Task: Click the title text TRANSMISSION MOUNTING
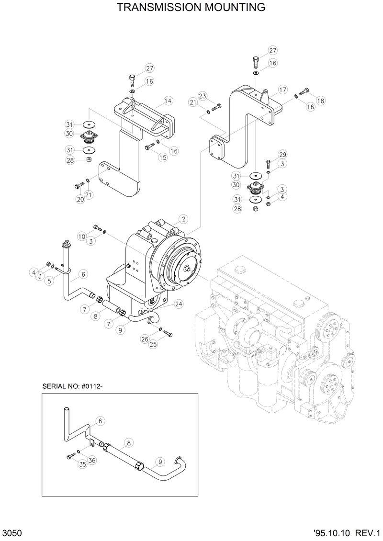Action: tap(191, 8)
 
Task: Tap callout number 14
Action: tap(168, 101)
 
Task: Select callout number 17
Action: tap(282, 90)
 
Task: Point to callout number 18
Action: tap(320, 101)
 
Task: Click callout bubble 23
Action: tap(203, 96)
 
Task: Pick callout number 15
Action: tap(163, 157)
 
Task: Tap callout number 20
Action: tap(80, 199)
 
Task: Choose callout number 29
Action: tap(282, 154)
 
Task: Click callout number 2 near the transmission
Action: tap(182, 219)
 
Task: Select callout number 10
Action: tap(82, 237)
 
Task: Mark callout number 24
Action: tap(178, 304)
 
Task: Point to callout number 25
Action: tap(153, 345)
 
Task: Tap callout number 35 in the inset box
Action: tap(82, 464)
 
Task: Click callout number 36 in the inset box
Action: tap(92, 460)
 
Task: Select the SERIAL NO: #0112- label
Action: tap(72, 386)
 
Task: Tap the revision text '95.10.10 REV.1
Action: tap(347, 533)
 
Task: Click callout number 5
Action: tap(49, 281)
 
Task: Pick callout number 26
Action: tap(144, 339)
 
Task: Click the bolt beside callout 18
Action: tap(304, 91)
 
